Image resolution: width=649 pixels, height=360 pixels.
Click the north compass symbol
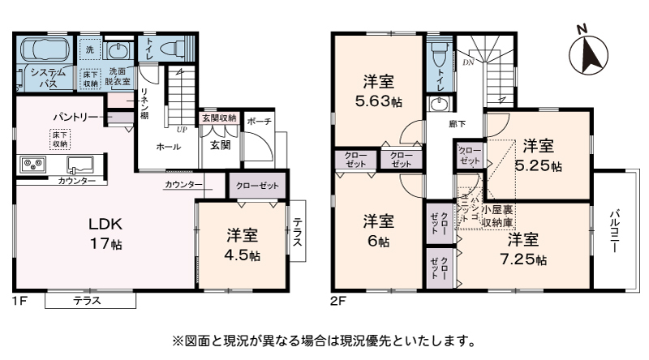(x=587, y=53)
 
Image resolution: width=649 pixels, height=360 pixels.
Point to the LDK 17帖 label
(x=106, y=234)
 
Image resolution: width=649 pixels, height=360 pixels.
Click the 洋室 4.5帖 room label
(x=242, y=246)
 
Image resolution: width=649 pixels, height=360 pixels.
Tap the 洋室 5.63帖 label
(x=378, y=92)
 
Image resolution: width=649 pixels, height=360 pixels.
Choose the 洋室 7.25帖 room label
(x=523, y=250)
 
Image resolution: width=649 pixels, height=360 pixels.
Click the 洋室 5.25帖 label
(x=538, y=156)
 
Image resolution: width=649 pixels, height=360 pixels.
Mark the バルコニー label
(x=614, y=230)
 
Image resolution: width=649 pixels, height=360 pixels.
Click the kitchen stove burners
(x=33, y=165)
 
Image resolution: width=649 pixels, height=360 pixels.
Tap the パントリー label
(x=75, y=117)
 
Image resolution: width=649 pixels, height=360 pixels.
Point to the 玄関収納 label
(x=219, y=118)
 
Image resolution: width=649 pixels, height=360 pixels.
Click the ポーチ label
(x=259, y=122)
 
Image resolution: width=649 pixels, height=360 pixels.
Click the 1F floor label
(x=19, y=301)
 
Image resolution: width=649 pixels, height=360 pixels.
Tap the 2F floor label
(x=337, y=301)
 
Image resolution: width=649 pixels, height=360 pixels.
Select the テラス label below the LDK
(x=88, y=301)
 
